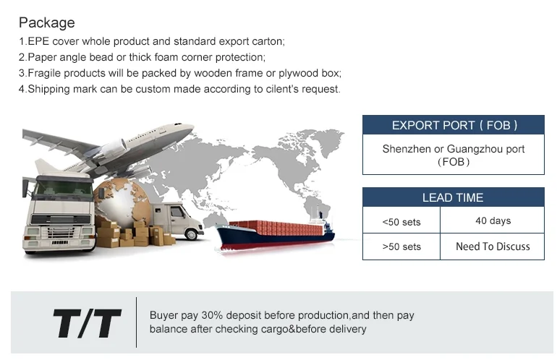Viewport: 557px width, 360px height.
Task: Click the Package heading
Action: tap(46, 23)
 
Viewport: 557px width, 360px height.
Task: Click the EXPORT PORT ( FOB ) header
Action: tap(454, 125)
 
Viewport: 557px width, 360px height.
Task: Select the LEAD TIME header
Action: tap(453, 198)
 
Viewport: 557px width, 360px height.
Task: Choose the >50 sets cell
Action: tap(401, 247)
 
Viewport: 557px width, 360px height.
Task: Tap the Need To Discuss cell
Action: tap(493, 247)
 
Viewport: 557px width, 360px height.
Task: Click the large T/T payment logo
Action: tap(88, 322)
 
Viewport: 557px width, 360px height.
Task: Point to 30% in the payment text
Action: tap(212, 315)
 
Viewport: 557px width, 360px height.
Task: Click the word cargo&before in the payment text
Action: tap(294, 329)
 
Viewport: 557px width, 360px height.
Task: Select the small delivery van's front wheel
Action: tap(192, 234)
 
